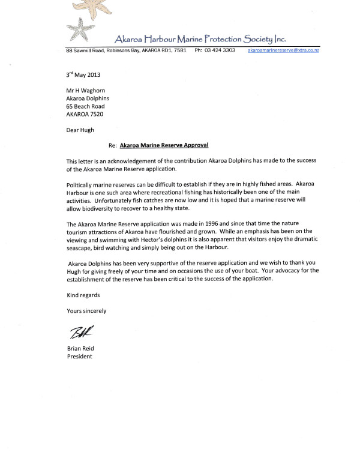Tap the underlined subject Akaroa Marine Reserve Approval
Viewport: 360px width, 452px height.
pyautogui.click(x=162, y=145)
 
